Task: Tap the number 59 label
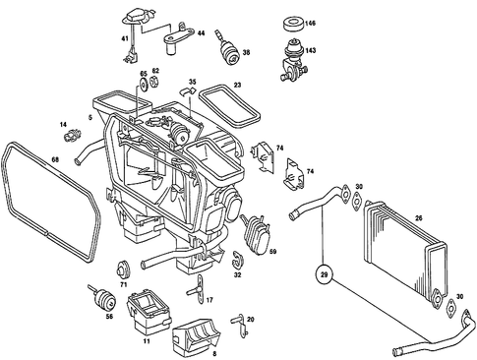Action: tap(272, 253)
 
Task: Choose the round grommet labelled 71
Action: tap(125, 268)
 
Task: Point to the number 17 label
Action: tap(209, 296)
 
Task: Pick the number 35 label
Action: tap(194, 82)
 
